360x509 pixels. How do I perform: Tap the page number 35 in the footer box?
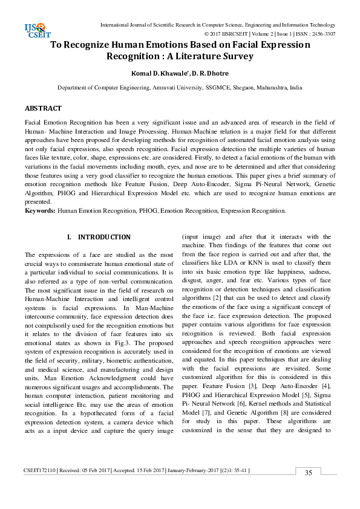point(308,473)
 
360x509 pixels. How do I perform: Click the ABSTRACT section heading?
point(43,108)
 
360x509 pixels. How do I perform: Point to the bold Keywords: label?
point(41,211)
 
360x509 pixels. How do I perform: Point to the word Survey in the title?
point(233,56)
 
